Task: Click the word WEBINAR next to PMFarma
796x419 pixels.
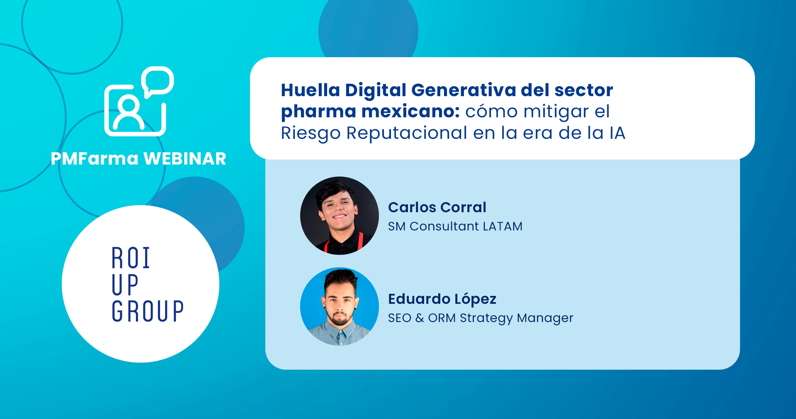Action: [x=184, y=159]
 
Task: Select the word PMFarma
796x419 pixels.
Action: [x=95, y=159]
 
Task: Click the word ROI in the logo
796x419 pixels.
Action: [x=131, y=258]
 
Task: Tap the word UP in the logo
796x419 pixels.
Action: [x=125, y=285]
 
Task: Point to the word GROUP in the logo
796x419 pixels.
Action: [x=148, y=311]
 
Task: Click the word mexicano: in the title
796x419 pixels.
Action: [x=410, y=111]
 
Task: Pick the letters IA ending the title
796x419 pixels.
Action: [x=617, y=133]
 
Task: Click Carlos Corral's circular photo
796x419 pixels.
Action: [x=340, y=216]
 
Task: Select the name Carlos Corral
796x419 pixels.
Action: [x=437, y=207]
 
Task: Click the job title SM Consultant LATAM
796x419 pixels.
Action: [x=455, y=226]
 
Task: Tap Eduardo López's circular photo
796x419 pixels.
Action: [x=340, y=307]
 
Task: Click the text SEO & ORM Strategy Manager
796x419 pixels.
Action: [x=481, y=318]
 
